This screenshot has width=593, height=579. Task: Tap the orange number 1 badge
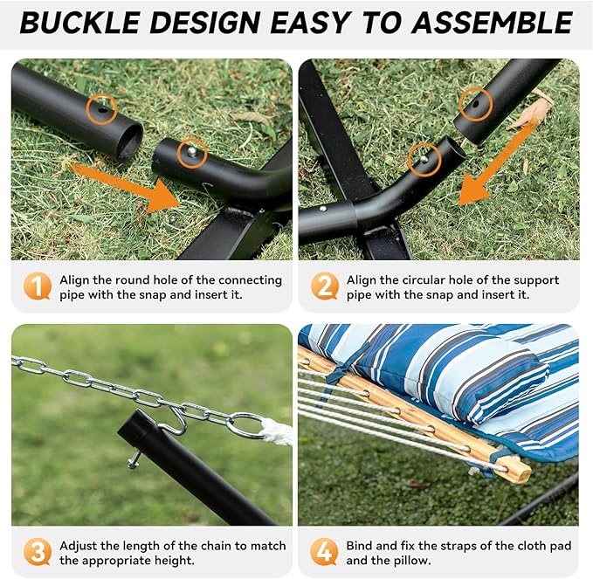(x=37, y=287)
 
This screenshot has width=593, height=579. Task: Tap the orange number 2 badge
(x=325, y=287)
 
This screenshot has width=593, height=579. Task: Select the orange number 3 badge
(x=37, y=552)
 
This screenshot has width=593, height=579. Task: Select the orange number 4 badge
(x=325, y=552)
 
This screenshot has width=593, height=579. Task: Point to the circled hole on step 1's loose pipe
(x=103, y=109)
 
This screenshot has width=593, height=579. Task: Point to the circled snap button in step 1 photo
(x=191, y=153)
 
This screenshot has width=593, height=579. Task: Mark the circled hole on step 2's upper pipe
(x=476, y=104)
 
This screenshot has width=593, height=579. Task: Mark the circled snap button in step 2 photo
(x=424, y=158)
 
